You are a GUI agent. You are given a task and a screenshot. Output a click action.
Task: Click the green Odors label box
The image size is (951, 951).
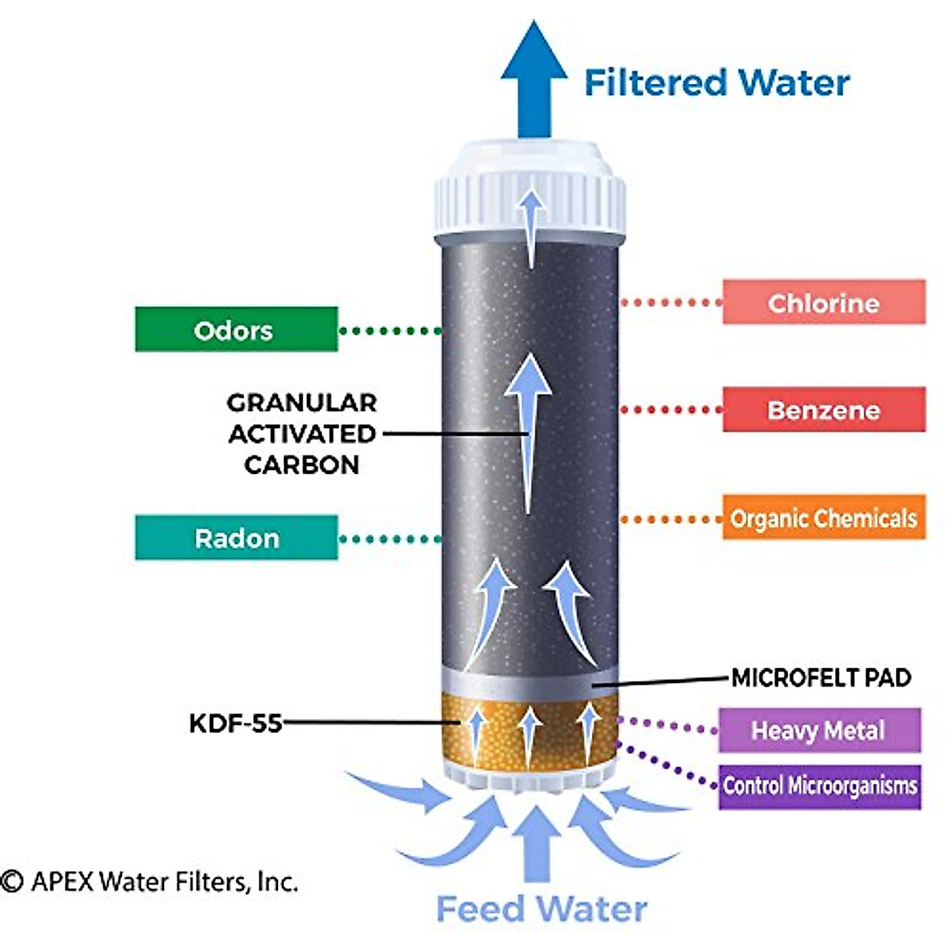[236, 329]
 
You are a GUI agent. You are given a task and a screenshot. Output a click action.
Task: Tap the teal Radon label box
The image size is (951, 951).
[236, 537]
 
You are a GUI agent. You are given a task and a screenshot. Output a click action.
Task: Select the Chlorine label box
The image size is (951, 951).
[823, 302]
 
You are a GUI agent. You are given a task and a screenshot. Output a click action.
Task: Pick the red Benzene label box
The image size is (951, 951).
[823, 410]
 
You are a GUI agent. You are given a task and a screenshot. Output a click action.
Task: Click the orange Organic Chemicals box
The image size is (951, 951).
[823, 518]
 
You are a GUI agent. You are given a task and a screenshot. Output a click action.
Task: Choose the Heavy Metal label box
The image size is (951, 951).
[819, 730]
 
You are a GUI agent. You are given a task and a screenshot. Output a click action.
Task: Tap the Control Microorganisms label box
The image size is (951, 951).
[819, 786]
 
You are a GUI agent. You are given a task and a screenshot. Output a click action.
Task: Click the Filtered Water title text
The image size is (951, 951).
[716, 82]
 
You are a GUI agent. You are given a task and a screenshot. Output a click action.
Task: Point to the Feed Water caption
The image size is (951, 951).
[542, 908]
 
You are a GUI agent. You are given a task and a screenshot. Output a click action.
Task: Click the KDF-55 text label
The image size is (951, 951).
[235, 723]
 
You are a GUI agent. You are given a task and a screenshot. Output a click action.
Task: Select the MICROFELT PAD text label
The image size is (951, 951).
[821, 678]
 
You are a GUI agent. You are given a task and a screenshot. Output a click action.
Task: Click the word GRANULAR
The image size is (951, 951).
[301, 403]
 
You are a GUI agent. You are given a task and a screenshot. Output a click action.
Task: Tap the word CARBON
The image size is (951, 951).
[301, 464]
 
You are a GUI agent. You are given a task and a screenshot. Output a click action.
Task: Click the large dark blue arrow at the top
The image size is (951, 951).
[534, 79]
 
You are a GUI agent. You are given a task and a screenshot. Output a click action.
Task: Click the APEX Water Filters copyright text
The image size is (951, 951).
[151, 881]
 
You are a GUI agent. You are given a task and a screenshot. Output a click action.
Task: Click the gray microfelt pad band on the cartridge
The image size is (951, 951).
[529, 683]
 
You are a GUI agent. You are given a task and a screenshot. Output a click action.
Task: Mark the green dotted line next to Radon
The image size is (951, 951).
[390, 539]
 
